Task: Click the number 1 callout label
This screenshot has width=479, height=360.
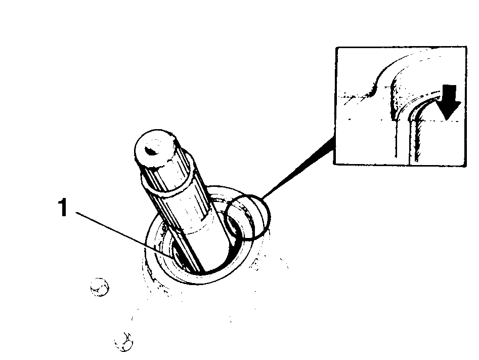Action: [x=63, y=207]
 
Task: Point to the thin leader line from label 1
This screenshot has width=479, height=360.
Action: [x=124, y=234]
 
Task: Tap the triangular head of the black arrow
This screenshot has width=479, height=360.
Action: [x=449, y=110]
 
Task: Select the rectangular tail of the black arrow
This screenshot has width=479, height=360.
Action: [x=449, y=93]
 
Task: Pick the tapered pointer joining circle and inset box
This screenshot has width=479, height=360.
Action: [x=298, y=168]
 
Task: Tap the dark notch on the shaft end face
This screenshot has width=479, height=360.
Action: [x=151, y=150]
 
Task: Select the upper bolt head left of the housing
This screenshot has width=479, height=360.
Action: [x=100, y=287]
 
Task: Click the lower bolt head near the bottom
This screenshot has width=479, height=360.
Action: [x=124, y=342]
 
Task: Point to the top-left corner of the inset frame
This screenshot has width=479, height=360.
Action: [x=336, y=48]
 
